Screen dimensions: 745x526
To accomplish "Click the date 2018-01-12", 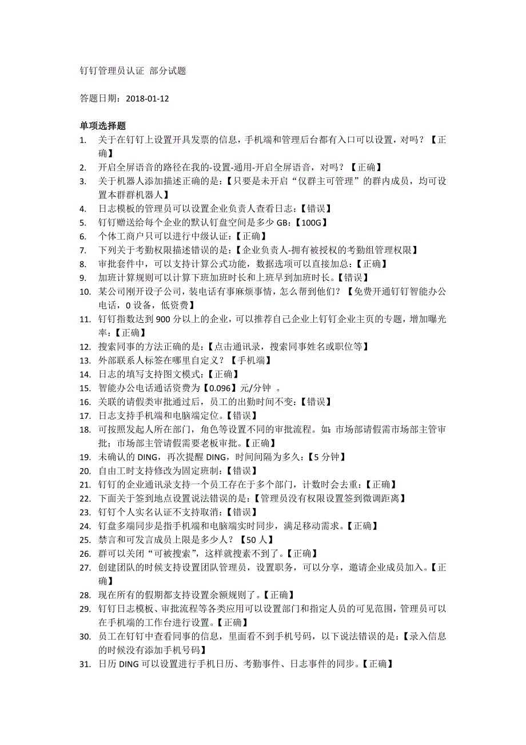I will [147, 98].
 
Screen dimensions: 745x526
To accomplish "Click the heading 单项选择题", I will [103, 126].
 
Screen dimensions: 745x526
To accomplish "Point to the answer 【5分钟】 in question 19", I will [326, 457].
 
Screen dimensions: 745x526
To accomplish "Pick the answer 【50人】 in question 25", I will [256, 540].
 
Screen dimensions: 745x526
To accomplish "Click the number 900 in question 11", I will [160, 319].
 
